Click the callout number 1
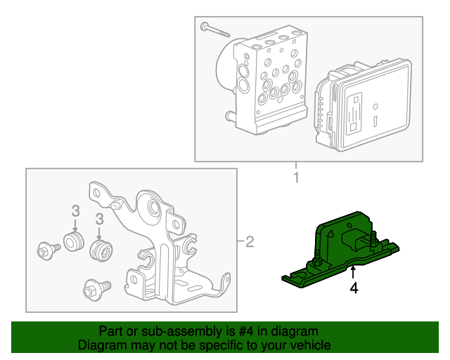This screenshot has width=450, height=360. pos(296,177)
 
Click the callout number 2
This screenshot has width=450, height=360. pos(250,242)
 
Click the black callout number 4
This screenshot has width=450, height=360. pos(354,288)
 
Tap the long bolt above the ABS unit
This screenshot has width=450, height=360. pos(215,30)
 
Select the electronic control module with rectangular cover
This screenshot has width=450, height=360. pos(364,105)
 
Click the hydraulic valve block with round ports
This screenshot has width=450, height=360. pos(270,80)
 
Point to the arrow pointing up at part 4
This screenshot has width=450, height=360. pos(353,272)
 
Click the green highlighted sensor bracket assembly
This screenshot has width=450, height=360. pos(340,250)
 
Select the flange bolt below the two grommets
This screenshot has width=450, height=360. pos(97,290)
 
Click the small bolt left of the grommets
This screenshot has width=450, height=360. pos(49,250)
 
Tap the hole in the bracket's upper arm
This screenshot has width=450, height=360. pos(97,193)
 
